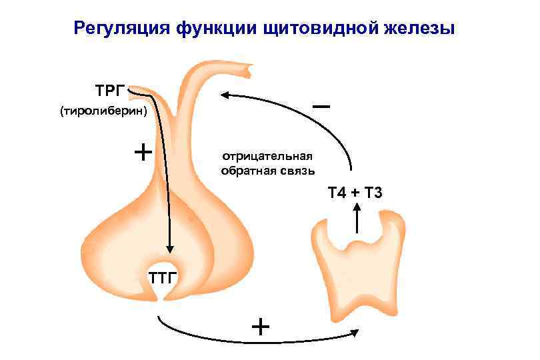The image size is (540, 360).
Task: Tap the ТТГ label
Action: click(x=161, y=277)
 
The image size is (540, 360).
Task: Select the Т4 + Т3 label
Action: click(x=354, y=193)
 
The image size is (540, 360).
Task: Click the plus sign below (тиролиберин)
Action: click(x=143, y=152)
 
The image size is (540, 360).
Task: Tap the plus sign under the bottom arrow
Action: click(x=261, y=328)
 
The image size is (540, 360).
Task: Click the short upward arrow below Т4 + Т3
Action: click(x=357, y=217)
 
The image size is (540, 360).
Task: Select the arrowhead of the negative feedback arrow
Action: click(x=227, y=95)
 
